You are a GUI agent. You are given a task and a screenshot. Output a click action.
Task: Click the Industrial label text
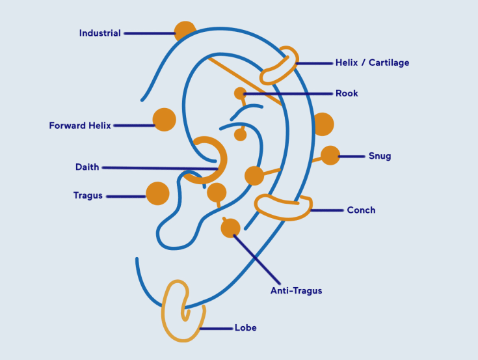click(100, 33)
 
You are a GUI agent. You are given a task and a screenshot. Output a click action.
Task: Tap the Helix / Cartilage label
click(372, 63)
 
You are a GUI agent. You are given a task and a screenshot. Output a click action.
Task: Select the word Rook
click(347, 94)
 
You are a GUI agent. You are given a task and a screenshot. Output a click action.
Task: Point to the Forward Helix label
click(80, 126)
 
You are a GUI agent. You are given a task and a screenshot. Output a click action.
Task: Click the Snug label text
click(379, 156)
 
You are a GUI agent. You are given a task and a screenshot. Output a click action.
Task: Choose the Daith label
click(87, 167)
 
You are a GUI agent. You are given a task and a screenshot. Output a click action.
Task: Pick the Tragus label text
click(88, 196)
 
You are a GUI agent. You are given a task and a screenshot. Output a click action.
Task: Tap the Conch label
click(361, 210)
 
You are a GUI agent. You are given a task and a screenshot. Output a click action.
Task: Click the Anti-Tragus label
click(296, 291)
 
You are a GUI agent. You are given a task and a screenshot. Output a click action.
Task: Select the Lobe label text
click(246, 328)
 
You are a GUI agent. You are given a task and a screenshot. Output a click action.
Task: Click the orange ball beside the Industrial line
click(185, 31)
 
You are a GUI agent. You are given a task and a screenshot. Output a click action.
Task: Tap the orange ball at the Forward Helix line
click(164, 120)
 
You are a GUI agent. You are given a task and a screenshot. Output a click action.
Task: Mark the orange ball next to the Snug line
click(330, 156)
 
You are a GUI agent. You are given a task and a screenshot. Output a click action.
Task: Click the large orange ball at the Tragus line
click(157, 193)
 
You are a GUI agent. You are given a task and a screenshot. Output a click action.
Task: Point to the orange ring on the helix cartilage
click(280, 65)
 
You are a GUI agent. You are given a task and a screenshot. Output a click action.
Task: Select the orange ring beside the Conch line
click(283, 206)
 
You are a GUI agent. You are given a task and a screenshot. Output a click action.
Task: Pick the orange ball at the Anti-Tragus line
click(230, 228)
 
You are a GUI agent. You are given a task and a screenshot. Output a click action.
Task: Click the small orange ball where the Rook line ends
click(240, 93)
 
